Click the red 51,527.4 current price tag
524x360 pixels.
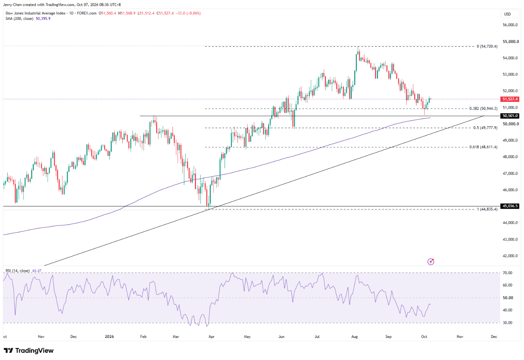(x=510, y=99)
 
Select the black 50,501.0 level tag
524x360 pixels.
(x=510, y=116)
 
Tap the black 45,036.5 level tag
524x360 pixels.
(x=510, y=206)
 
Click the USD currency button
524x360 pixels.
(x=507, y=14)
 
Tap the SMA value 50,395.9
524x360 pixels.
(x=43, y=19)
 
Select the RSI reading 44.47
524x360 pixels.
(x=36, y=271)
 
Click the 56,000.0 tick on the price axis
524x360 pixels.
(x=510, y=25)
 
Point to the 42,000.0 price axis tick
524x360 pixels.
(x=510, y=256)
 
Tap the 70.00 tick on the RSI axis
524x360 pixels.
(x=507, y=273)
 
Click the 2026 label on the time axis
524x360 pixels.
(x=109, y=336)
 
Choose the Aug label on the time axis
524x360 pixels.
(x=355, y=336)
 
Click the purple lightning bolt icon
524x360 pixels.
(x=431, y=262)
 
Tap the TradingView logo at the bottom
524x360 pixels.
(x=28, y=350)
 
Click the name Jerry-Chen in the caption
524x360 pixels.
(x=13, y=5)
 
